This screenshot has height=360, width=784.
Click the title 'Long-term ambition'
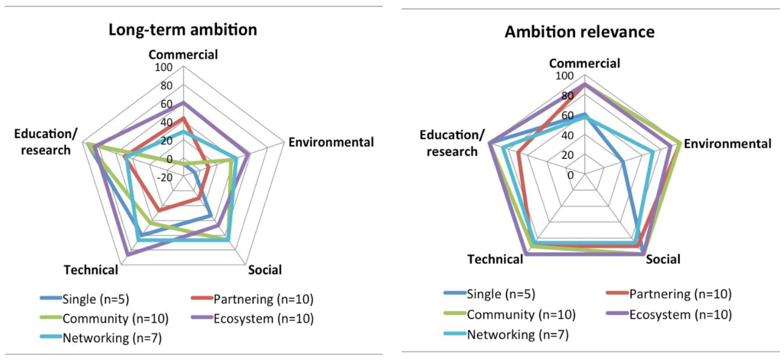pyautogui.click(x=183, y=30)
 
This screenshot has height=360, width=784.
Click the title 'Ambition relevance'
pyautogui.click(x=580, y=32)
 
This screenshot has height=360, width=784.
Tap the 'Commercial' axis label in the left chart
pyautogui.click(x=183, y=55)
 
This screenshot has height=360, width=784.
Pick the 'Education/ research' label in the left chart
pyautogui.click(x=46, y=142)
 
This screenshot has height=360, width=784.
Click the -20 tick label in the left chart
pyautogui.click(x=164, y=177)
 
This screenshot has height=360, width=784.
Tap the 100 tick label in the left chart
pyautogui.click(x=164, y=67)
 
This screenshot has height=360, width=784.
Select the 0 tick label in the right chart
pyautogui.click(x=570, y=175)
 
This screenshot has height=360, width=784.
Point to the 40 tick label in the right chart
pyautogui.click(x=567, y=135)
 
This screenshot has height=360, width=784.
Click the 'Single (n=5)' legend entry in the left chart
pyautogui.click(x=96, y=299)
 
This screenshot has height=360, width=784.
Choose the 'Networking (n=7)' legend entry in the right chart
pyautogui.click(x=517, y=335)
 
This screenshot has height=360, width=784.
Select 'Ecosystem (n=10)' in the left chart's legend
pyautogui.click(x=263, y=319)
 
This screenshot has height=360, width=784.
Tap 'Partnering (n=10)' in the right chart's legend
pyautogui.click(x=680, y=294)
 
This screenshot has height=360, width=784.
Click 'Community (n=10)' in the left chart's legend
pyautogui.click(x=115, y=319)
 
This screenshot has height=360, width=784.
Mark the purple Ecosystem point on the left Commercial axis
pyautogui.click(x=183, y=103)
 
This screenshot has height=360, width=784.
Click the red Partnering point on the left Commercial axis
pyautogui.click(x=183, y=118)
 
